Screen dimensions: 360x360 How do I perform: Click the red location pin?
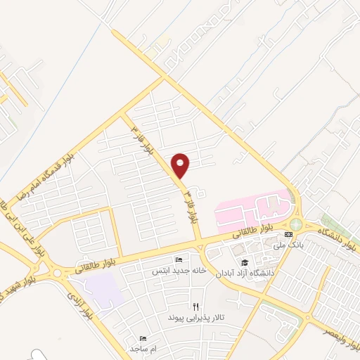[x=181, y=165]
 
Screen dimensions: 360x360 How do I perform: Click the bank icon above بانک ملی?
[x=288, y=234]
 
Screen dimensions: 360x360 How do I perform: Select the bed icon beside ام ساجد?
[x=143, y=338]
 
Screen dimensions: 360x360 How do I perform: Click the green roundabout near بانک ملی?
[x=295, y=224]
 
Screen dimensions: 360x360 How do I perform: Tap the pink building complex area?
[x=253, y=207]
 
